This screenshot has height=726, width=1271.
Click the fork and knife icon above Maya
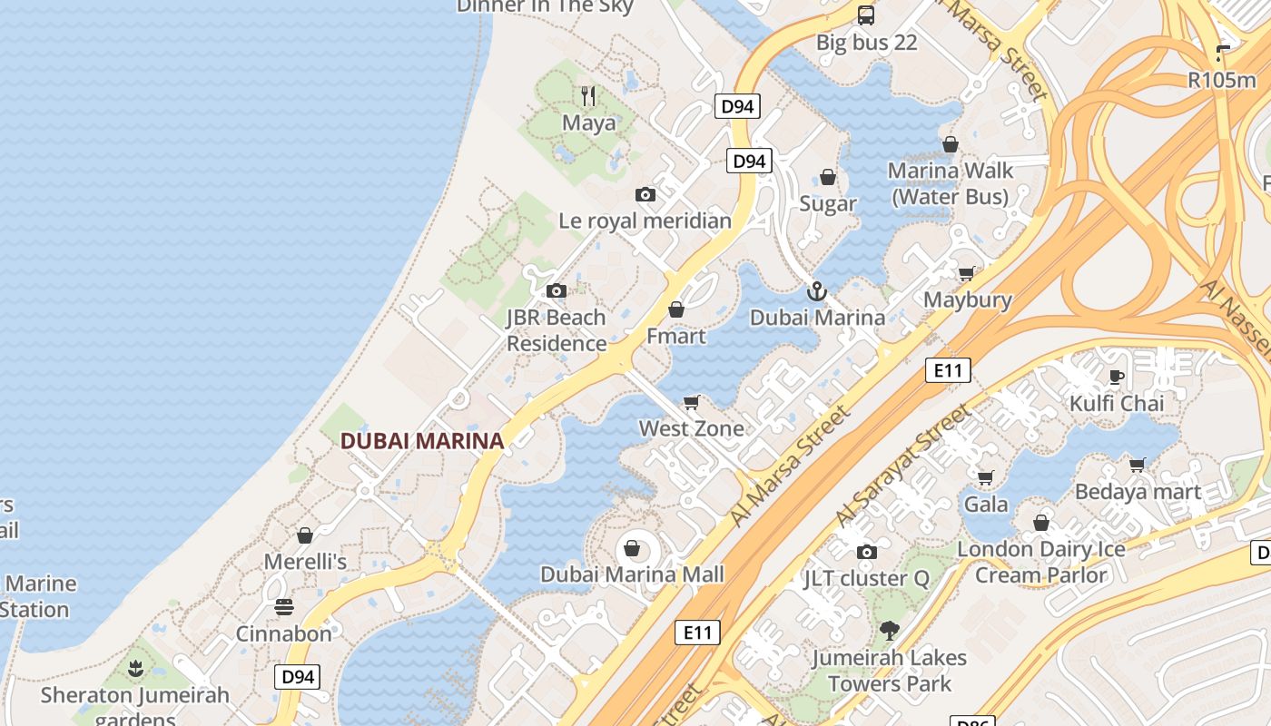pos(588,95)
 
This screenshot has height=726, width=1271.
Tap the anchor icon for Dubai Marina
pos(817,291)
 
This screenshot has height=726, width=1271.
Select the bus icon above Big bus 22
pos(866,15)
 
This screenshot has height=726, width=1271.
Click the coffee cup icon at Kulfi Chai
pos(1117,377)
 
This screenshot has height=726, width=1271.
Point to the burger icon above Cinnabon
pos(284,607)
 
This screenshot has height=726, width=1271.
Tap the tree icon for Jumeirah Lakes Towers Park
pos(890,631)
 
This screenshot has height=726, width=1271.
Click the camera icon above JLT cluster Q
pos(867,552)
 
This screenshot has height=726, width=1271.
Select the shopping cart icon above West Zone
pos(692,402)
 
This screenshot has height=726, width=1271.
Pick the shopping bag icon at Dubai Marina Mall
pos(632,548)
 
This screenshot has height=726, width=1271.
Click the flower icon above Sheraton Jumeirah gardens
pos(136,670)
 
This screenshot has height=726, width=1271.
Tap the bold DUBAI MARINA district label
pos(421,442)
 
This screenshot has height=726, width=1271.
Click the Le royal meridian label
pos(645,221)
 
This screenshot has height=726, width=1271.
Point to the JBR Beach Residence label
pos(557,330)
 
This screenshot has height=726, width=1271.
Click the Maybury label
pos(968,299)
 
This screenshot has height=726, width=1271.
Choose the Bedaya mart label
pos(1138,492)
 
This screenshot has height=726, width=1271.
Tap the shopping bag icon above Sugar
pos(828,177)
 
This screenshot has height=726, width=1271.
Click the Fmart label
pos(675,336)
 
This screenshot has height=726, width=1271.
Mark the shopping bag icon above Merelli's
pos(305,535)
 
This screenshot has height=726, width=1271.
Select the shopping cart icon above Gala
pos(986,477)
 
